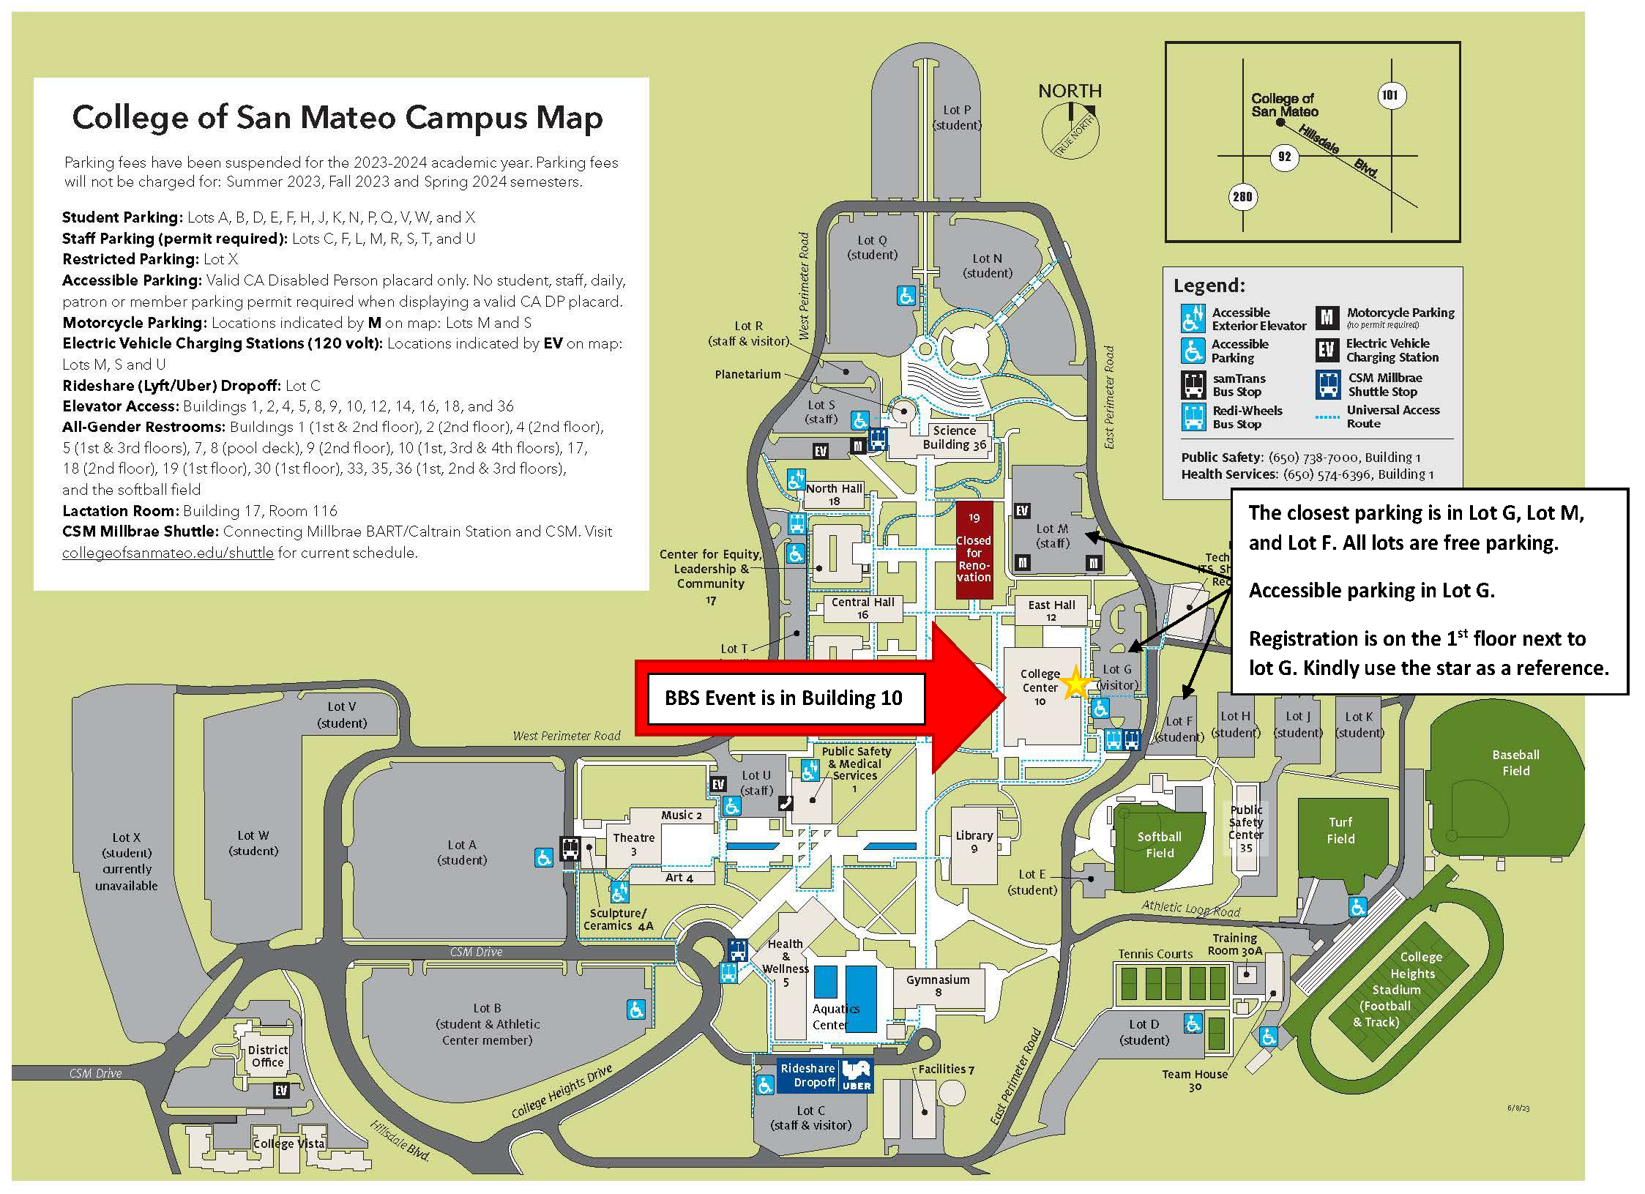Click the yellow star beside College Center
point(1075,683)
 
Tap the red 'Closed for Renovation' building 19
point(974,550)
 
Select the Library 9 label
point(974,842)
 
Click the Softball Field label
point(1160,844)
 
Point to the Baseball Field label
point(1515,762)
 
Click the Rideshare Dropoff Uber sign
point(824,1075)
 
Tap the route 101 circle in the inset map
point(1389,95)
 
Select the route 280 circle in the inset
point(1242,196)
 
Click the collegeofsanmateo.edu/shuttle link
point(168,553)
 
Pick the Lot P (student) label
point(957,117)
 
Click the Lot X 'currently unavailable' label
point(126,861)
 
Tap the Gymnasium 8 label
point(938,985)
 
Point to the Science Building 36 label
point(955,437)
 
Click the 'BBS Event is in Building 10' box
point(784,698)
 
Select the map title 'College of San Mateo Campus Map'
point(337,117)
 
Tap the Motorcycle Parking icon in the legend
point(1327,317)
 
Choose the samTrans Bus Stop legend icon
point(1193,384)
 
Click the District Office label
point(267,1056)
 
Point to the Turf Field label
point(1340,830)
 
